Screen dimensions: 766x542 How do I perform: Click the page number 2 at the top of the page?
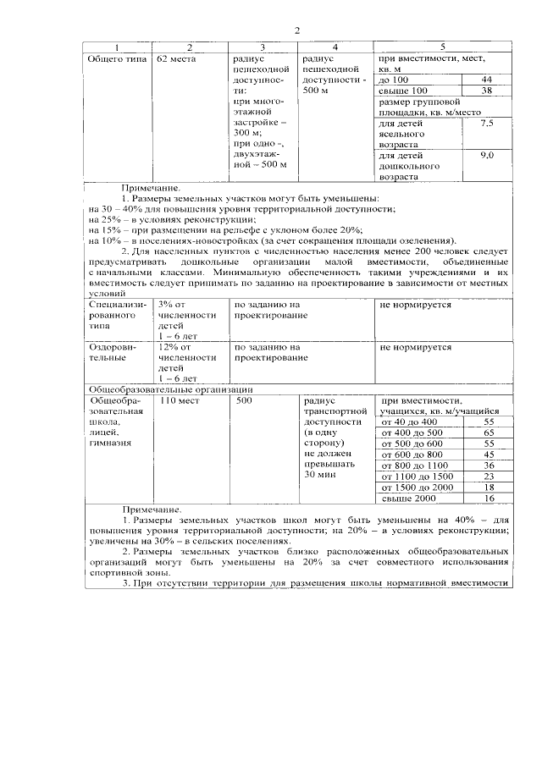(x=297, y=31)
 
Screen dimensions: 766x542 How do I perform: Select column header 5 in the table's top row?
(x=442, y=47)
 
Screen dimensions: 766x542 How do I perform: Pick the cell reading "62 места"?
(x=176, y=59)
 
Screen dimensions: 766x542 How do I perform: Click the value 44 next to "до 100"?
(x=486, y=80)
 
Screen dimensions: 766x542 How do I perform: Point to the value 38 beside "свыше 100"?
(x=486, y=91)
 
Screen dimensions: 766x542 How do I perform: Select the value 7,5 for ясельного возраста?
(x=487, y=124)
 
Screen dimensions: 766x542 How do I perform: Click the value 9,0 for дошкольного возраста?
(x=487, y=157)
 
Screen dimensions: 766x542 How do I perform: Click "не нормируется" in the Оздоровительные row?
(x=415, y=347)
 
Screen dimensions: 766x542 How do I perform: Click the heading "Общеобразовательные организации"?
(x=160, y=389)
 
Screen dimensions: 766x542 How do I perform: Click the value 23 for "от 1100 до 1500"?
(x=489, y=477)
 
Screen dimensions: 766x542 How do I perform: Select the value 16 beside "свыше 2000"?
(x=489, y=499)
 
